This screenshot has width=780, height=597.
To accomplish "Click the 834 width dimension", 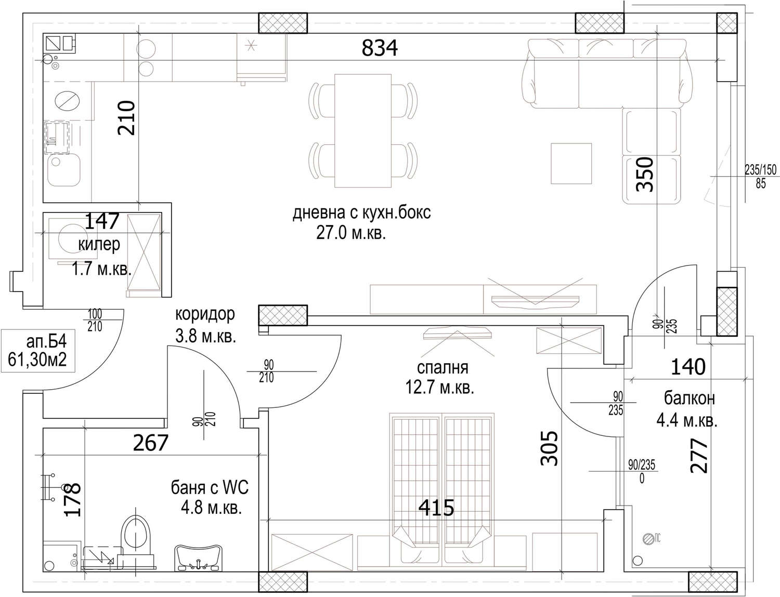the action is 380,48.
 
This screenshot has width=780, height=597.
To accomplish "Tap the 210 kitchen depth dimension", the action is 126,117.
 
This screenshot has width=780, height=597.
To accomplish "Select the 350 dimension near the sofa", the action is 645,174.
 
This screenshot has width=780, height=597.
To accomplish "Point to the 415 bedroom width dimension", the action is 436,508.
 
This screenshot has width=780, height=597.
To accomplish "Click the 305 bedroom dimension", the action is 550,448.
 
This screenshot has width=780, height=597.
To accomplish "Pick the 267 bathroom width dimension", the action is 150,443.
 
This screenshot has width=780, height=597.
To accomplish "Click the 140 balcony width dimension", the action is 688,367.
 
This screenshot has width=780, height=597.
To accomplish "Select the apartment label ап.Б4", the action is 46,342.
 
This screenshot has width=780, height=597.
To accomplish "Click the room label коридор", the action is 205,314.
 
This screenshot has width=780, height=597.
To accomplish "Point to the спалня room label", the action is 443,368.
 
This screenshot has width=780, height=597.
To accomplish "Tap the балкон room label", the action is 689,399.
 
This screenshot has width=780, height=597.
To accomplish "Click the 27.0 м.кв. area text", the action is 350,233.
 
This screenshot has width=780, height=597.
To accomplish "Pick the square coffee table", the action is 571,164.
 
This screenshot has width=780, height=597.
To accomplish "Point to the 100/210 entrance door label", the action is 95,320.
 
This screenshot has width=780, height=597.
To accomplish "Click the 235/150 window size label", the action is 760,169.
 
